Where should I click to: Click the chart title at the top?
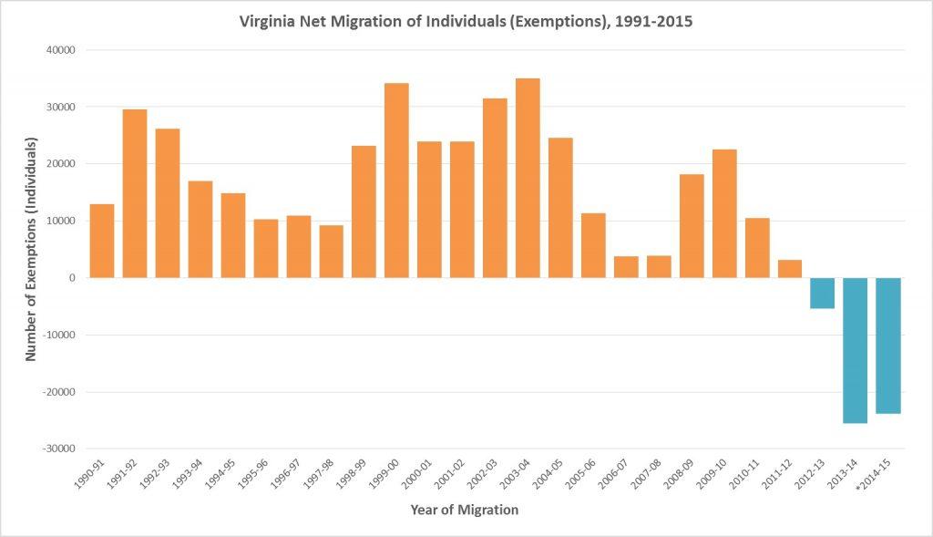pyautogui.click(x=465, y=21)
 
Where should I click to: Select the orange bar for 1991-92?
pyautogui.click(x=135, y=193)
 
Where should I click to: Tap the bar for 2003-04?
pyautogui.click(x=528, y=178)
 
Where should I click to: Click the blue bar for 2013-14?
pyautogui.click(x=855, y=350)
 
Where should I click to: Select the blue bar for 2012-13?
pyautogui.click(x=822, y=293)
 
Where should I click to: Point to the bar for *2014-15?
pyautogui.click(x=887, y=346)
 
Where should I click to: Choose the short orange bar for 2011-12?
pyautogui.click(x=789, y=269)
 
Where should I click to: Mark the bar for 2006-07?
pyautogui.click(x=626, y=267)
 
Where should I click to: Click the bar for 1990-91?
pyautogui.click(x=102, y=241)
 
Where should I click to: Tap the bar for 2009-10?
pyautogui.click(x=724, y=213)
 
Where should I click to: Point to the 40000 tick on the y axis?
pyautogui.click(x=62, y=50)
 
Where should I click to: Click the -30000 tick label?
pyautogui.click(x=59, y=449)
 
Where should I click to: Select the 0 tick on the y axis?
pyautogui.click(x=71, y=278)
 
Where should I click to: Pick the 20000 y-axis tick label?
pyautogui.click(x=62, y=164)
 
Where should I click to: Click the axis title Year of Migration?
pyautogui.click(x=464, y=511)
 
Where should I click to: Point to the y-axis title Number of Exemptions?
pyautogui.click(x=31, y=249)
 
